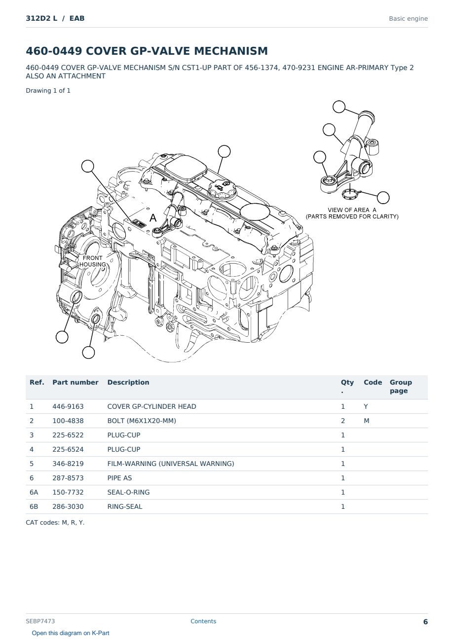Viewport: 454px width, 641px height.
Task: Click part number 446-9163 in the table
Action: point(68,406)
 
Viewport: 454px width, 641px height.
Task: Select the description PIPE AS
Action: point(119,478)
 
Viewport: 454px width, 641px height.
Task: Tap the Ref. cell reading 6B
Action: point(34,506)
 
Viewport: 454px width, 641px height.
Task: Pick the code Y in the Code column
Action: point(366,406)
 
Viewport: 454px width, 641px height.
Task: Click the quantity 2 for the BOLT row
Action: point(343,421)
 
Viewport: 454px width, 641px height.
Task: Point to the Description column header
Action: point(128,382)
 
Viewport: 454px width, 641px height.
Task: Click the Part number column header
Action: point(76,382)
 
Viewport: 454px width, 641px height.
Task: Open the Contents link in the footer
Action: point(203,621)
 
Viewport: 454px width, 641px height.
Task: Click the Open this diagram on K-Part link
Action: point(71,633)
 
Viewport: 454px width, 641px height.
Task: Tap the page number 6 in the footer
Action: point(425,622)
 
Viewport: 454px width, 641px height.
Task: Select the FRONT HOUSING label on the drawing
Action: point(92,261)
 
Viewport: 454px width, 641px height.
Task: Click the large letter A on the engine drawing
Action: point(153,218)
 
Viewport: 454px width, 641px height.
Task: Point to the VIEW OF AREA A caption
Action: point(352,210)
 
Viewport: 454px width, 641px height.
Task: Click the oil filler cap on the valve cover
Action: point(222,189)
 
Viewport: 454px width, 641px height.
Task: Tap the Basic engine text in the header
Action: point(408,19)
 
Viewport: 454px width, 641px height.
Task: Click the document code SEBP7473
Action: point(40,621)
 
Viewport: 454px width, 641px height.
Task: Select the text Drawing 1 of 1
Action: point(48,91)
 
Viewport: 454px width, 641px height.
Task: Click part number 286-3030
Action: point(68,506)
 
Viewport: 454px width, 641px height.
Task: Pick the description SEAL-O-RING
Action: point(128,492)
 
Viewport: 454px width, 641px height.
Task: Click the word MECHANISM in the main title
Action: point(230,51)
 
